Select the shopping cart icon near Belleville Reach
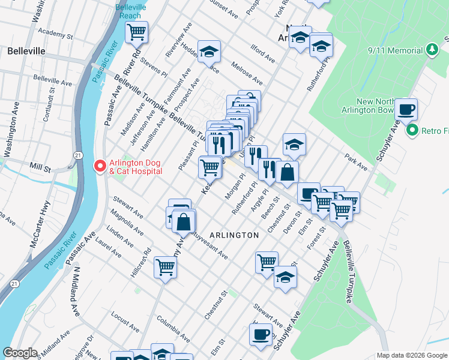137,32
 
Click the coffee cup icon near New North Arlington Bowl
406,109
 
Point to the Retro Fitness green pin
412,130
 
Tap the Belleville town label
26,51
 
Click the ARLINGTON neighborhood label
234,235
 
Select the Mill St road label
41,167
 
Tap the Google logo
20,353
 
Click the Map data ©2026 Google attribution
412,355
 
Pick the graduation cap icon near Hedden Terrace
209,52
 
